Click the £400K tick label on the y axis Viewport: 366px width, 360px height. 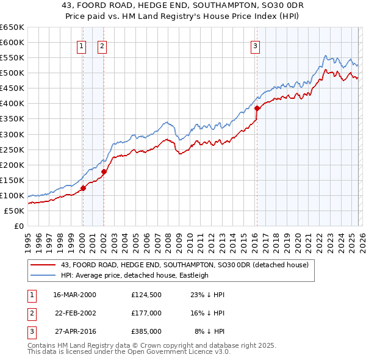(x=12, y=104)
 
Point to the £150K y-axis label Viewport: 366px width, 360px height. (x=12, y=180)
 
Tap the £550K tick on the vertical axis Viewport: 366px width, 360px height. (x=12, y=58)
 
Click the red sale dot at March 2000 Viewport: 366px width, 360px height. (x=84, y=188)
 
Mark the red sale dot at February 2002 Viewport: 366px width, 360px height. (x=104, y=171)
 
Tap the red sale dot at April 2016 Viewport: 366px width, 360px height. (x=257, y=108)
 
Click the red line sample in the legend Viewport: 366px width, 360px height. (x=43, y=265)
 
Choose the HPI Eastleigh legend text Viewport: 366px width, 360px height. (x=134, y=275)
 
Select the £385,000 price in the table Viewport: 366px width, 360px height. (x=146, y=331)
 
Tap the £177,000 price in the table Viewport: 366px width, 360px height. (x=146, y=313)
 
